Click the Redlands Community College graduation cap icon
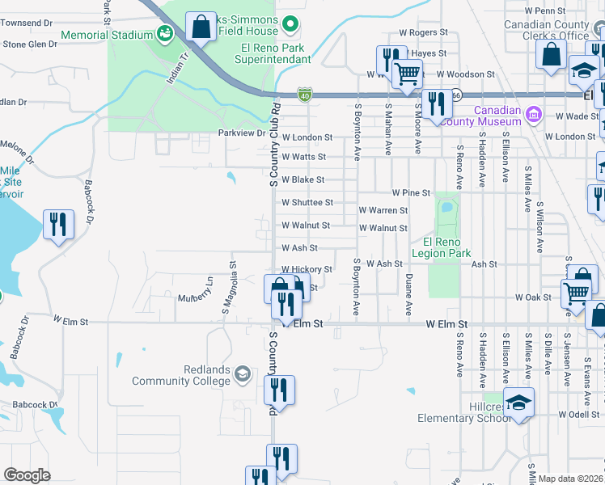point(241,373)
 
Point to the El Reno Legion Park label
point(441,247)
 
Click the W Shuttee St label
point(302,203)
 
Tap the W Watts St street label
point(303,157)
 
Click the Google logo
point(27,475)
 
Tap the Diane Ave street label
point(408,294)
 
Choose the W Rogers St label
point(423,32)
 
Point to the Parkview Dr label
point(242,133)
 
